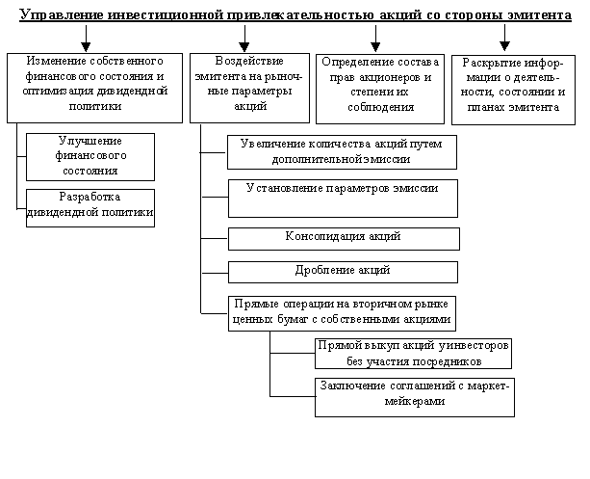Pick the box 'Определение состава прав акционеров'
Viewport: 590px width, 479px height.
(376, 87)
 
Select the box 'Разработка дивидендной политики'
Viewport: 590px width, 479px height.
(92, 207)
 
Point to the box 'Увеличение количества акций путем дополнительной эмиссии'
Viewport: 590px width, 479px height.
(342, 151)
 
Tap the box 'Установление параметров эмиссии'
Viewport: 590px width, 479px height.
(342, 197)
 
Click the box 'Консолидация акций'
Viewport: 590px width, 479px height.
(342, 237)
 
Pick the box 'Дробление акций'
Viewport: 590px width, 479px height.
(342, 272)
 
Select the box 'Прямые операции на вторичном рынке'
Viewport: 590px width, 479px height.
(342, 313)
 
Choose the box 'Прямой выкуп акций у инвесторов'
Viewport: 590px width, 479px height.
(414, 354)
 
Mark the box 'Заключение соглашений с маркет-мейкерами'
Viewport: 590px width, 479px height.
(414, 395)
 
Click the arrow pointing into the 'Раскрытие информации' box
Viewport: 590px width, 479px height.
(504, 39)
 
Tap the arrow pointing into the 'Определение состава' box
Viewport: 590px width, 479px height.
(374, 39)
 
